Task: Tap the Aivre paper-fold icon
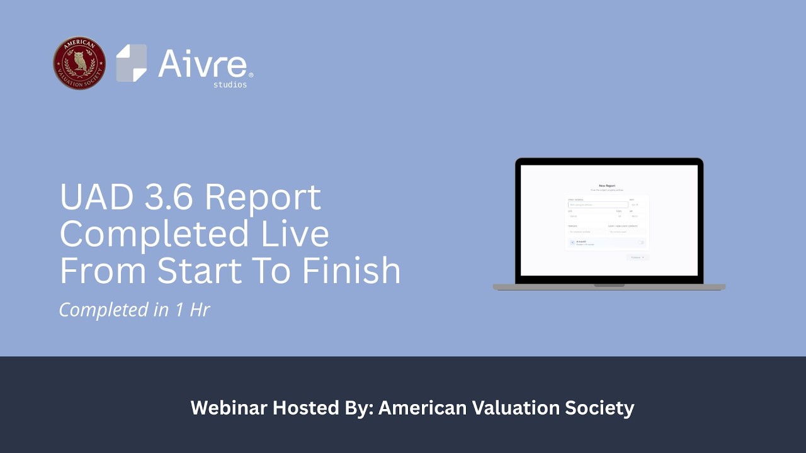pos(131,63)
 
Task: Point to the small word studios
pos(230,84)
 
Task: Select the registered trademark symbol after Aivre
pos(251,75)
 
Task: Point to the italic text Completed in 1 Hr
pos(134,310)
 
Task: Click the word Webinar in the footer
pos(229,408)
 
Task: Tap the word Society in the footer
pos(600,408)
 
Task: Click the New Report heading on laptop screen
pos(607,186)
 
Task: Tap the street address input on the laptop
pos(598,204)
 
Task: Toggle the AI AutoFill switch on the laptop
pos(641,242)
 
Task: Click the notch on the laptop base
pos(609,286)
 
